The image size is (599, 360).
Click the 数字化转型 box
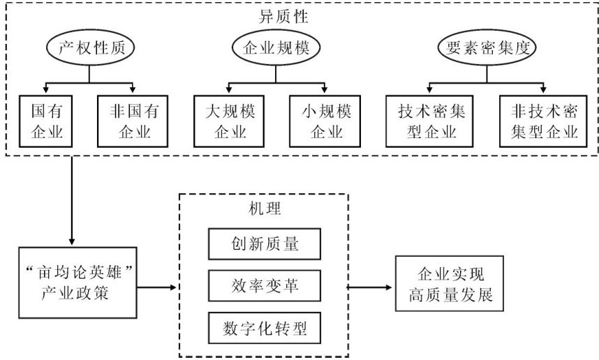tap(264, 325)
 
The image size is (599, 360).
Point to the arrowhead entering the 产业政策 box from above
tap(73, 240)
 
